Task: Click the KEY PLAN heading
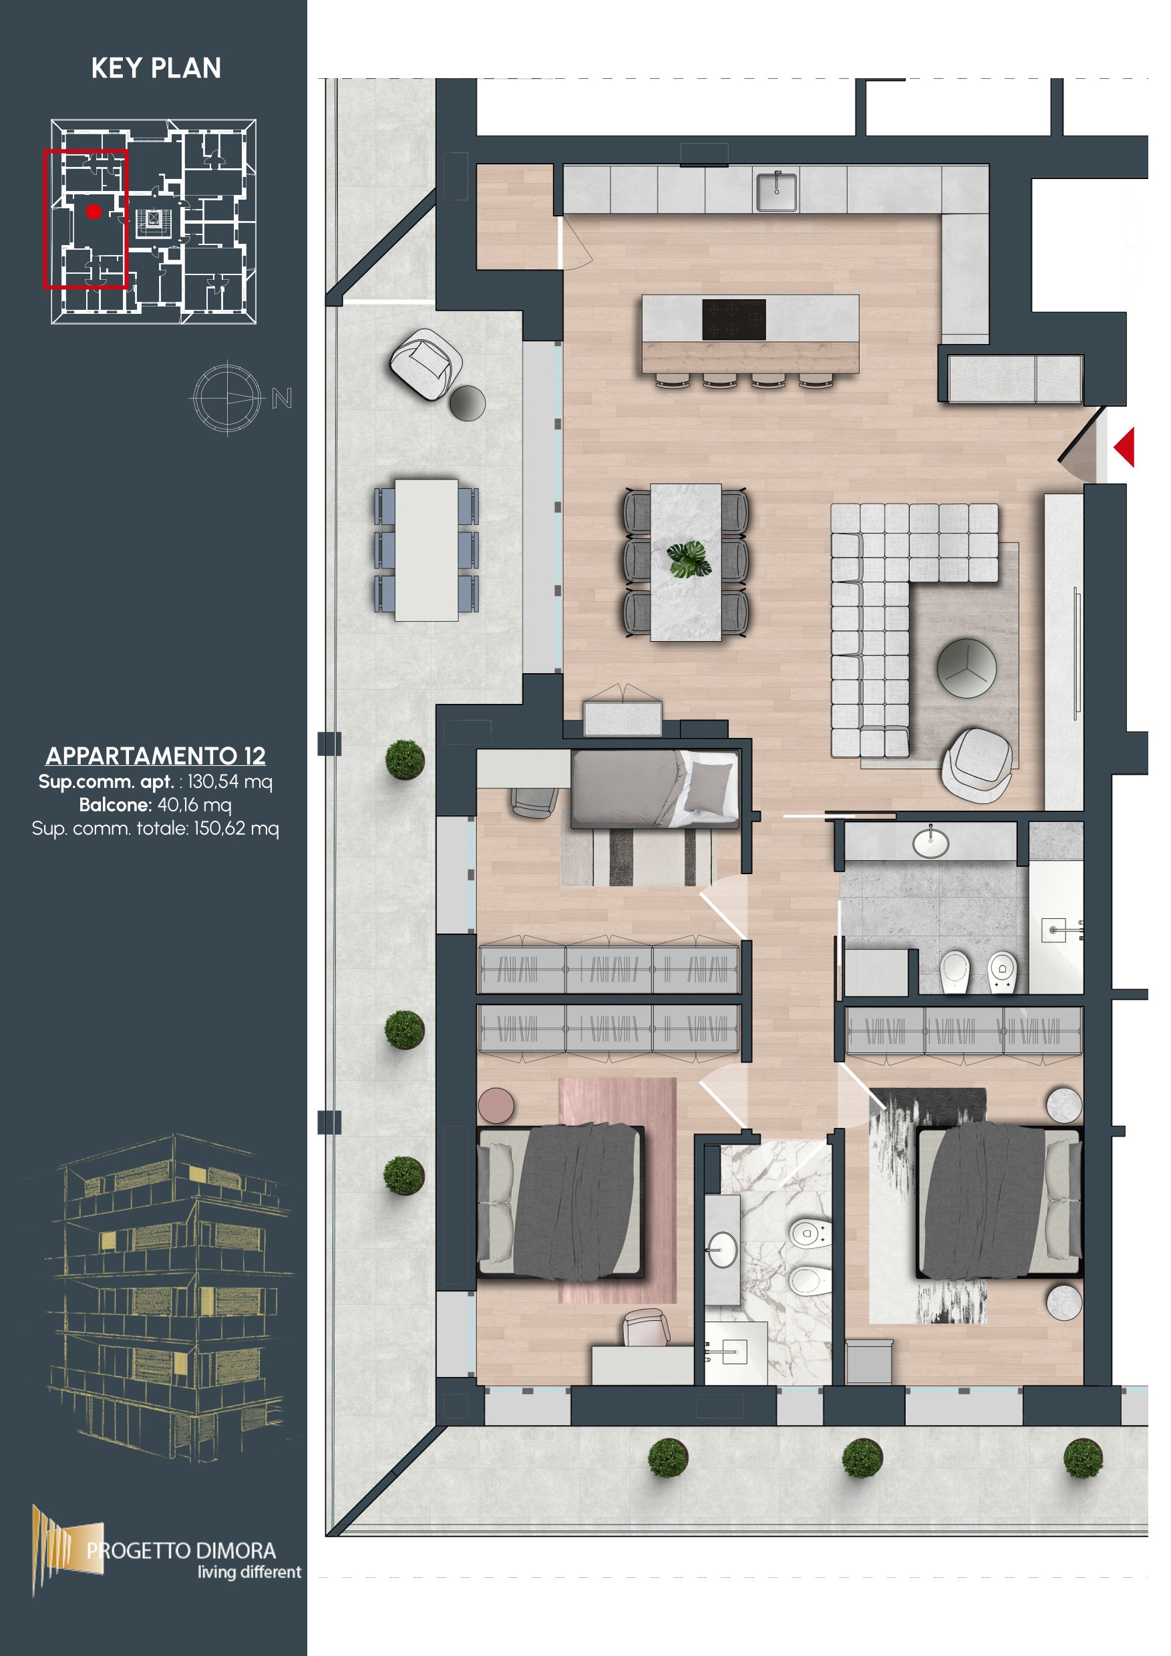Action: coord(156,68)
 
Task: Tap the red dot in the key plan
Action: coord(94,211)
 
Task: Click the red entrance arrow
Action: coord(1124,447)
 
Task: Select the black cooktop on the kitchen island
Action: coord(733,320)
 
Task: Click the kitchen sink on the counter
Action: coord(776,191)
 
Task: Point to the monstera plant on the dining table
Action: coord(688,560)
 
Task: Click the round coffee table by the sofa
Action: coord(966,668)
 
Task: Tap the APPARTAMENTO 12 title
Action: coord(156,755)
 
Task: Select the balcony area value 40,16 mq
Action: coord(194,804)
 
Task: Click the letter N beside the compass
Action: coord(281,398)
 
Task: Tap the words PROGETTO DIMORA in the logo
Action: coord(181,1550)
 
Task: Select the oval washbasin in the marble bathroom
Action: coord(722,1249)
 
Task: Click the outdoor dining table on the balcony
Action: coord(426,550)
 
